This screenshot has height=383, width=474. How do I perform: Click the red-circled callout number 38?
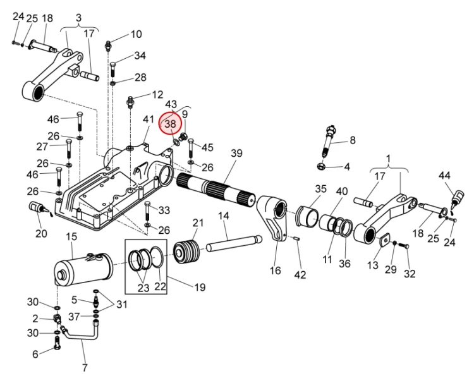pyautogui.click(x=170, y=125)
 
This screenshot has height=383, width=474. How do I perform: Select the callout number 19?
pyautogui.click(x=200, y=288)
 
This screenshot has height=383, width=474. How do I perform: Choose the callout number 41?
pyautogui.click(x=148, y=119)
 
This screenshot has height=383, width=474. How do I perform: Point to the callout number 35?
pyautogui.click(x=320, y=189)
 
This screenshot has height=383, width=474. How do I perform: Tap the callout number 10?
pyautogui.click(x=137, y=34)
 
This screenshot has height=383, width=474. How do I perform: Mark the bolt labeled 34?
pyautogui.click(x=113, y=68)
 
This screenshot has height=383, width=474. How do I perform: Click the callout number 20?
pyautogui.click(x=41, y=234)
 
